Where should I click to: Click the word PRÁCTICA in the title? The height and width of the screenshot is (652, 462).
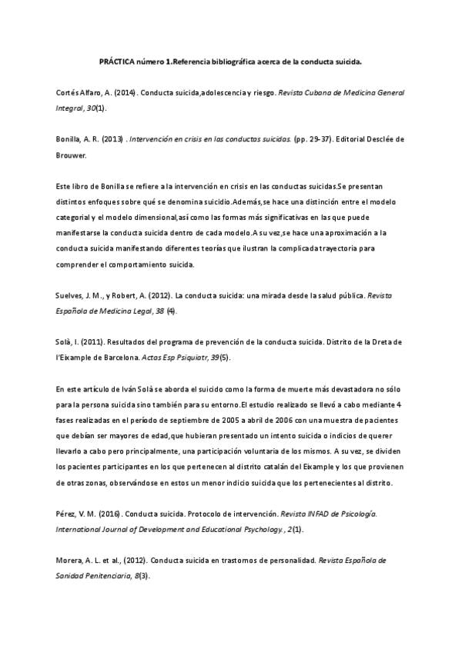point(117,59)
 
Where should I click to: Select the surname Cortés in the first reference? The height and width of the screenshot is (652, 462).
point(68,92)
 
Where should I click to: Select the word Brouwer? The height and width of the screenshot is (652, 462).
point(72,155)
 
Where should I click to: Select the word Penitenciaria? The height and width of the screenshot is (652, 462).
point(100,576)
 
